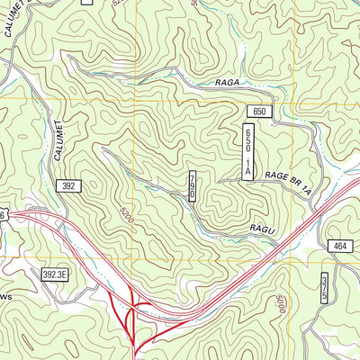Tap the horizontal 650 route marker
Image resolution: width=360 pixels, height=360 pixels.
(x=260, y=111)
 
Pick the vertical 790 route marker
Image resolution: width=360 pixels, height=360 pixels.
(x=192, y=186)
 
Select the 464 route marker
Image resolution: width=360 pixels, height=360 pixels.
(x=338, y=246)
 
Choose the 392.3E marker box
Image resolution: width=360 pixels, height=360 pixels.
(x=60, y=273)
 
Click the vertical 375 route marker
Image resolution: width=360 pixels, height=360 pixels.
(x=324, y=289)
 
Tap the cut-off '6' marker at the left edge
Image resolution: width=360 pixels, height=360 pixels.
(x=4, y=215)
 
